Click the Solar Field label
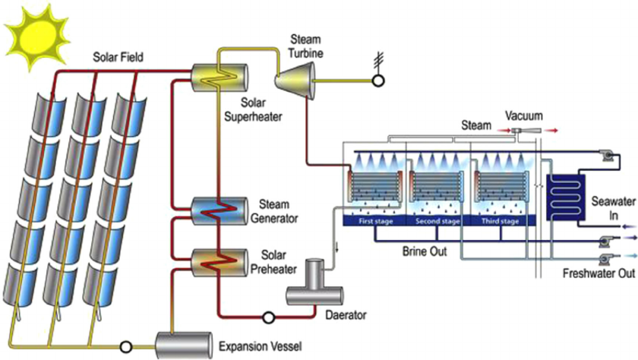[x=118, y=57]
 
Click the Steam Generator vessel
[x=220, y=210]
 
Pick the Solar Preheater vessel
[x=220, y=261]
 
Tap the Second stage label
[x=439, y=222]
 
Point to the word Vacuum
[x=524, y=116]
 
